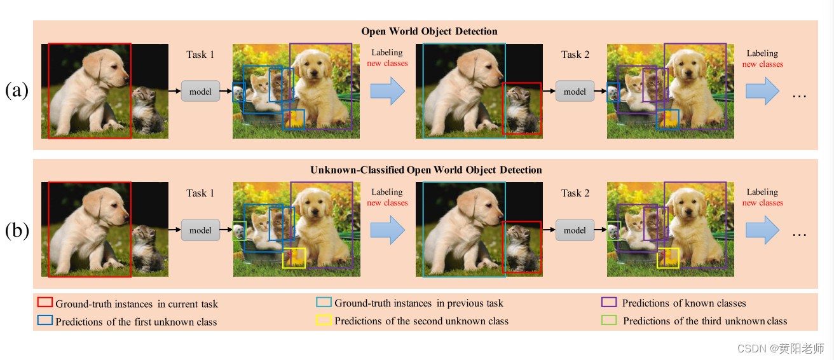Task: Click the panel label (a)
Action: (x=17, y=91)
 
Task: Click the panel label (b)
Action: (x=17, y=230)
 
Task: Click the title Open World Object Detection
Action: (x=429, y=31)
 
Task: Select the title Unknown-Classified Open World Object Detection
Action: (x=426, y=170)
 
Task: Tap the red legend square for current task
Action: (x=44, y=303)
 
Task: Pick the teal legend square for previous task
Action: (x=324, y=303)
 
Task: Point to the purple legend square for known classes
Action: (x=609, y=303)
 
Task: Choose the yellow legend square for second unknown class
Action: (x=324, y=321)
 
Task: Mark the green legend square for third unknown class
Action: (x=609, y=321)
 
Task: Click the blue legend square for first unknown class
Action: (x=44, y=321)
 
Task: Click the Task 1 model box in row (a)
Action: (x=200, y=92)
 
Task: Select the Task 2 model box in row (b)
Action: (x=575, y=230)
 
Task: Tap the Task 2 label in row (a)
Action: (x=575, y=55)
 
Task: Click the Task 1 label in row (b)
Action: (x=200, y=193)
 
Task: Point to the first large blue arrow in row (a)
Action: (x=387, y=91)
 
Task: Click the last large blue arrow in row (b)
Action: (x=762, y=230)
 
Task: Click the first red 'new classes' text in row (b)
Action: (x=387, y=203)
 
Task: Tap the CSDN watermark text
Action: (x=779, y=349)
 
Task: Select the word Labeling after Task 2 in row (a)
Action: (x=762, y=53)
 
